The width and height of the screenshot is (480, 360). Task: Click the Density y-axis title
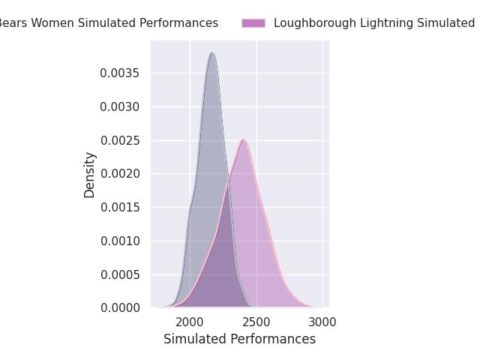pos(90,175)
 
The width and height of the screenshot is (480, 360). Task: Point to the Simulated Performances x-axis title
pos(239,339)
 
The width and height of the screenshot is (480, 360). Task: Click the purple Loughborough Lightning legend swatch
pos(253,23)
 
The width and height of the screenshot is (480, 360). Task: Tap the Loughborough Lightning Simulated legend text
pos(374,23)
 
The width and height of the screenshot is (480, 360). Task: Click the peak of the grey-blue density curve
pos(212,52)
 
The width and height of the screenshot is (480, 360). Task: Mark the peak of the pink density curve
pos(243,139)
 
